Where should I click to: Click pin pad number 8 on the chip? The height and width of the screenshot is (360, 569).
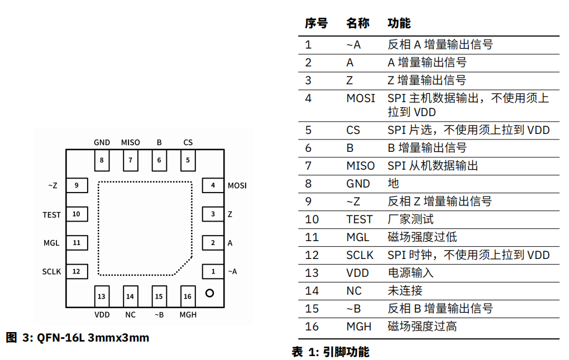click(x=102, y=160)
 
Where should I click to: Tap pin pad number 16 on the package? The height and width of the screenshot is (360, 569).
click(x=188, y=296)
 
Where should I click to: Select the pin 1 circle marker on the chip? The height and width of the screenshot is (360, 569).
click(x=209, y=293)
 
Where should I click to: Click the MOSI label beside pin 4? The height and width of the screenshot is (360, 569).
click(x=237, y=186)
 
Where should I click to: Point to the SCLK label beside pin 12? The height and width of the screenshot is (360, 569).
click(x=51, y=272)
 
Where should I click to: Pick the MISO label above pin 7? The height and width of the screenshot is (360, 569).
click(x=130, y=142)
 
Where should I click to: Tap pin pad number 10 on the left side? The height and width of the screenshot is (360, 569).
click(x=76, y=214)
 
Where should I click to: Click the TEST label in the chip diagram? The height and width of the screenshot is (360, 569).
click(x=51, y=215)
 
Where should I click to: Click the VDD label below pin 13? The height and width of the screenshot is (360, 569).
click(x=102, y=315)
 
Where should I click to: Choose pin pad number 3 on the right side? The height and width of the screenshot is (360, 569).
click(x=213, y=214)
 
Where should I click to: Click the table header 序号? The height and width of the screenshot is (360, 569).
click(x=316, y=23)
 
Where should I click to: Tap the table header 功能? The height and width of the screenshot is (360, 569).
click(x=399, y=23)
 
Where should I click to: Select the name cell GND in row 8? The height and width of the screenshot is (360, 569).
click(x=358, y=184)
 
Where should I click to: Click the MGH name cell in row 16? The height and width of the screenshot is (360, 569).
click(x=358, y=327)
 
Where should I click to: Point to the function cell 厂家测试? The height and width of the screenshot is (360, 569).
click(x=410, y=219)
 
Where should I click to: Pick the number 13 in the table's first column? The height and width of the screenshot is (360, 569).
click(x=312, y=273)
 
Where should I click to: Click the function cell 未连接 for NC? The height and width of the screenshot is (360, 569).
click(x=405, y=291)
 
